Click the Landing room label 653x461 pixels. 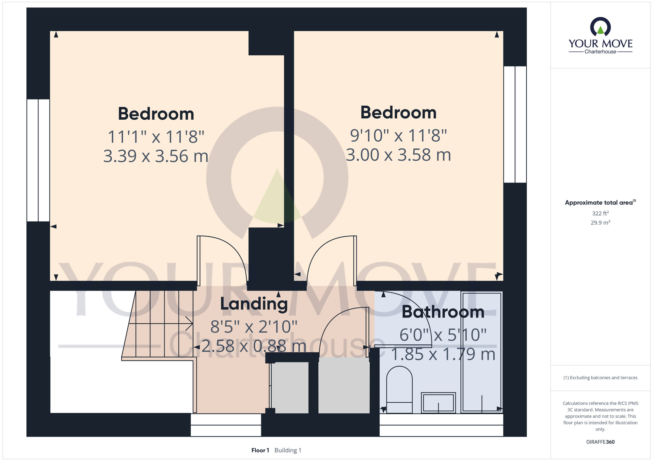(x=254, y=304)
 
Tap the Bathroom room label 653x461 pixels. (x=443, y=312)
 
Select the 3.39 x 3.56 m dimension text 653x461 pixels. (x=156, y=156)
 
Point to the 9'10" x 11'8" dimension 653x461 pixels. (x=398, y=135)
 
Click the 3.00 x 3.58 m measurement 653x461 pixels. (x=398, y=155)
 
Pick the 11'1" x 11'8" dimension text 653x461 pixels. (x=156, y=137)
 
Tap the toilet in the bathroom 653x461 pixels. (x=399, y=390)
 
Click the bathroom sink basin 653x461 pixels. (x=438, y=403)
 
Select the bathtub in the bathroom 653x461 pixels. (x=482, y=352)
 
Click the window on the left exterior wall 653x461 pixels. (x=38, y=160)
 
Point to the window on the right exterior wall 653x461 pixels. (x=515, y=124)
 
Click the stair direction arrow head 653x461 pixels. (x=189, y=323)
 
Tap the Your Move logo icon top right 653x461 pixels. (x=600, y=27)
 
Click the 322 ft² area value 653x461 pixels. (x=600, y=213)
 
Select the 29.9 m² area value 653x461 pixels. (x=600, y=223)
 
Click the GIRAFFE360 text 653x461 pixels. (x=600, y=442)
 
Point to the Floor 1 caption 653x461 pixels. (x=260, y=450)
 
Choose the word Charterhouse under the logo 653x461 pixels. (x=600, y=52)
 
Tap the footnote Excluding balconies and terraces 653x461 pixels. (x=600, y=378)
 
